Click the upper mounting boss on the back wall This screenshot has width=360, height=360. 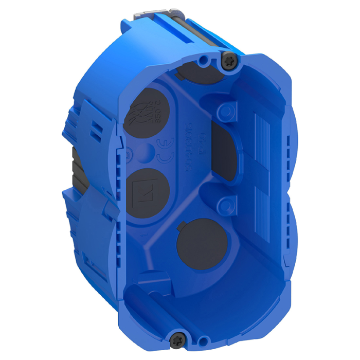coord(225,111)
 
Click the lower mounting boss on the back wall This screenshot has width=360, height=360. coord(225,206)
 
